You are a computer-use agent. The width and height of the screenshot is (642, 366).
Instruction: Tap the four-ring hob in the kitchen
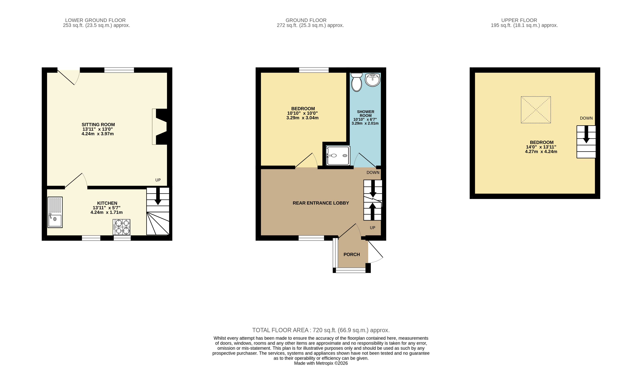[x=122, y=227]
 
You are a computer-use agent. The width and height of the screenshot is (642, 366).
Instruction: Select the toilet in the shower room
[x=357, y=82]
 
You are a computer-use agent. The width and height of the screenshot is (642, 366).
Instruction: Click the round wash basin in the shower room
[x=373, y=80]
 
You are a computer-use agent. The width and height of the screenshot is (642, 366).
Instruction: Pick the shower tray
[x=338, y=156]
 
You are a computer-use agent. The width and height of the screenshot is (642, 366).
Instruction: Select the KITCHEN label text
[x=107, y=203]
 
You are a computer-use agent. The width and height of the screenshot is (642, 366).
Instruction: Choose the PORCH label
[x=352, y=255]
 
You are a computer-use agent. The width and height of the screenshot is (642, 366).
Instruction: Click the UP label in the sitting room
[x=158, y=180]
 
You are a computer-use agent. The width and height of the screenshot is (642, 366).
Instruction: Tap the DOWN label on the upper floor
[x=586, y=118]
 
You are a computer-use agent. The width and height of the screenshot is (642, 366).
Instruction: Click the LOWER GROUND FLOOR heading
[x=95, y=20]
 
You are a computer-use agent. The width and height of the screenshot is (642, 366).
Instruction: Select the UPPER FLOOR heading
[x=519, y=20]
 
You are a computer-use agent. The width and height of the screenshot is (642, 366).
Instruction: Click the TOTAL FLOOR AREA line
[x=321, y=330]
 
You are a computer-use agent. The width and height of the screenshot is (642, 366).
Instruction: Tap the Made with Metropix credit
[x=321, y=363]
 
